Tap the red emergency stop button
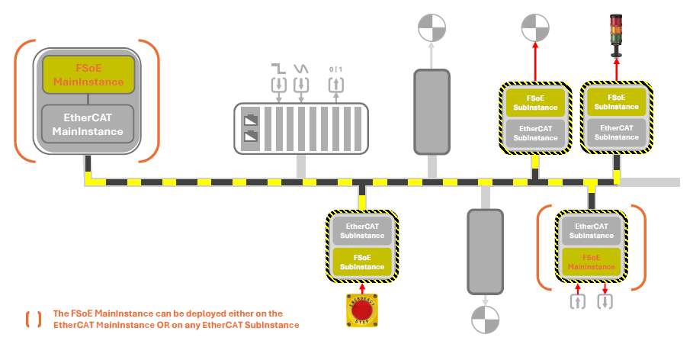[x=363, y=311]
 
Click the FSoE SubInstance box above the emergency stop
[x=362, y=262]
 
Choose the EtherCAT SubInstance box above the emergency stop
[x=362, y=230]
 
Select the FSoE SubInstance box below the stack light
[x=616, y=102]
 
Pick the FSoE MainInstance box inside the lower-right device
[x=591, y=262]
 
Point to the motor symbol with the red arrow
[x=535, y=28]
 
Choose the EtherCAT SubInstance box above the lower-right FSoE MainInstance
[x=591, y=230]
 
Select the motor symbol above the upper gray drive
[x=432, y=28]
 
